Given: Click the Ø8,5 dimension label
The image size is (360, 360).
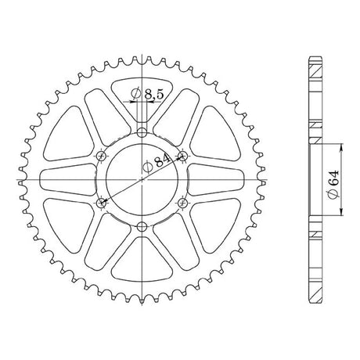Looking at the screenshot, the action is [147, 94].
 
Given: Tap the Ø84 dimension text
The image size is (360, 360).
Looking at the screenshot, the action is [157, 163].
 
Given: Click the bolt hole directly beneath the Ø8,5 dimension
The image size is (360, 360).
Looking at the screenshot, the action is [142, 133].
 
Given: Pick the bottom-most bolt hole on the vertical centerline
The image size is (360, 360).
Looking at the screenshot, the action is [142, 227].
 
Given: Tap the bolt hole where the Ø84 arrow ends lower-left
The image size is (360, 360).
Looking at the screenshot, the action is [102, 203].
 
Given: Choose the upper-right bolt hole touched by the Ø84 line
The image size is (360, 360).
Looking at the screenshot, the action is [182, 157].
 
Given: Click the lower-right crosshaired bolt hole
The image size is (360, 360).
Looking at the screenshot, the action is [182, 203].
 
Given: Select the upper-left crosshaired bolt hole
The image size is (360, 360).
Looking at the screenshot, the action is [102, 157].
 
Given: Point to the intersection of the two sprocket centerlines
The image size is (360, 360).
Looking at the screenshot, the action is [142, 180].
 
